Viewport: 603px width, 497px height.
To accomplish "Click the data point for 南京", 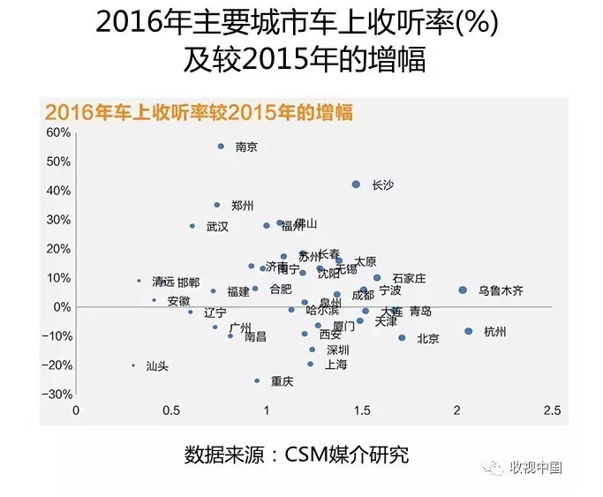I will [x=221, y=147].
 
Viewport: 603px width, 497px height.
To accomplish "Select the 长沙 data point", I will [x=356, y=184].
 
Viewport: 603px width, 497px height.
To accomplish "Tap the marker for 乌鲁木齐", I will [x=463, y=290].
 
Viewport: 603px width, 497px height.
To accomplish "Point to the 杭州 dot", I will [x=468, y=332].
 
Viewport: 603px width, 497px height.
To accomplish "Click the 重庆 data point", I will [x=257, y=381].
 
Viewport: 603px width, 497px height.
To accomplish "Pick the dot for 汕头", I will [x=133, y=365].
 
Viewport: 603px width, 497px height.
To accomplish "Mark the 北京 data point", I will [x=402, y=338].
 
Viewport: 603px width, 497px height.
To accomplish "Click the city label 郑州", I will [x=242, y=206].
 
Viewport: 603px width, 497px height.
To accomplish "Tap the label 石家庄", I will [x=409, y=279].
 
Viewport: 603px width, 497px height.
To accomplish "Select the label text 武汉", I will [x=217, y=227].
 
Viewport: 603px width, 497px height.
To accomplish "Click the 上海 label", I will [x=336, y=364].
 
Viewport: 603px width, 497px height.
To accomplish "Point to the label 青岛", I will [x=420, y=311].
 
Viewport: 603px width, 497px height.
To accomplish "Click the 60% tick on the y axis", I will [x=58, y=132].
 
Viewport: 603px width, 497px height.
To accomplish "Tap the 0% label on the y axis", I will [x=62, y=307].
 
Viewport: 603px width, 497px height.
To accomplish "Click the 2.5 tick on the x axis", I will [x=552, y=411].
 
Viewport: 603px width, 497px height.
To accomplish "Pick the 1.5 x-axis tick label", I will [x=361, y=411].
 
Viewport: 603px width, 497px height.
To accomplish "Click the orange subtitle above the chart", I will [x=199, y=112].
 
